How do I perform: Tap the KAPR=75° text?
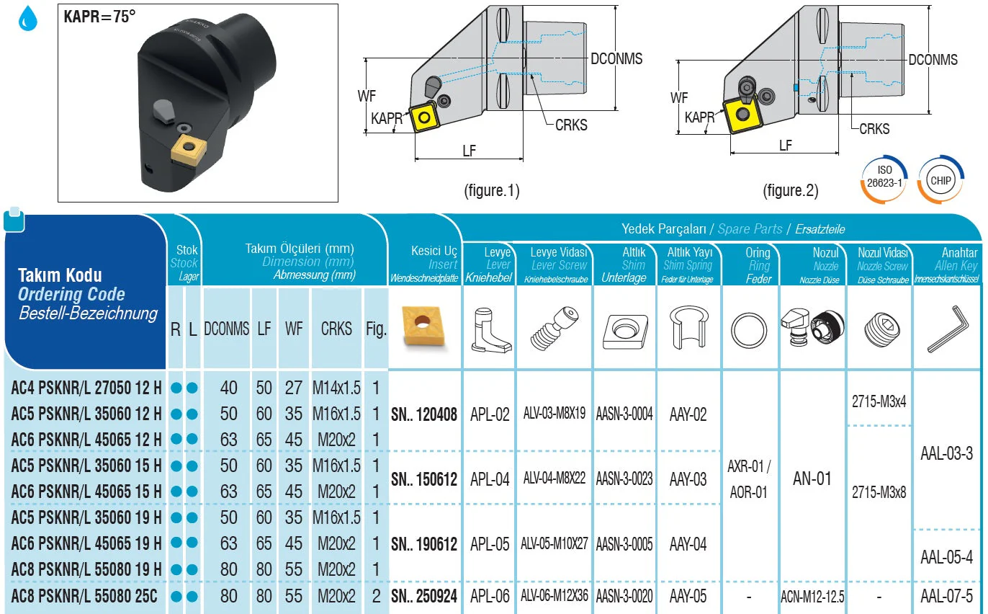click(x=99, y=17)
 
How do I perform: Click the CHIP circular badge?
click(x=940, y=180)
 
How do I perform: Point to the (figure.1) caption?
click(x=492, y=191)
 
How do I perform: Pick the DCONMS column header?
click(x=227, y=329)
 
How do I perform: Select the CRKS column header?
click(x=336, y=329)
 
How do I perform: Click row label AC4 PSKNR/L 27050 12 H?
click(x=86, y=388)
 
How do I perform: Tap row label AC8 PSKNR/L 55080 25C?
click(x=84, y=597)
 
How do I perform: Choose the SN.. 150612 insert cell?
click(x=424, y=479)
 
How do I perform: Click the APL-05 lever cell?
click(x=490, y=544)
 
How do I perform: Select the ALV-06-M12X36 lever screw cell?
click(x=554, y=597)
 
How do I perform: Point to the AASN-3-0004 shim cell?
click(x=624, y=414)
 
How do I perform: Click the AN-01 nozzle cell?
click(x=812, y=479)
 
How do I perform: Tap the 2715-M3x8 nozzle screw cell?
click(x=879, y=492)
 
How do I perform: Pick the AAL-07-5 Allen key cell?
click(x=946, y=597)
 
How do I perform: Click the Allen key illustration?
click(x=946, y=329)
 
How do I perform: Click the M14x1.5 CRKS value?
click(x=336, y=388)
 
